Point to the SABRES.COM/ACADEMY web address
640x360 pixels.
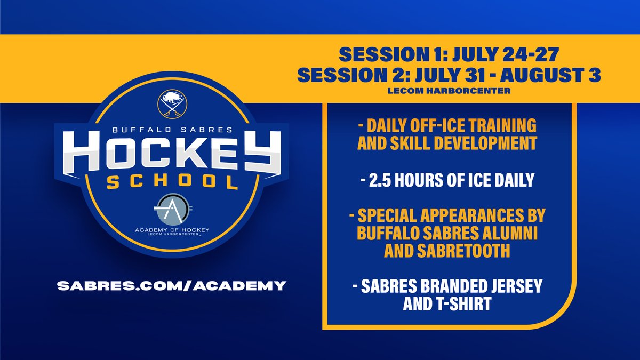click(171, 285)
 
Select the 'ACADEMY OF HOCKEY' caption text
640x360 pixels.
click(172, 230)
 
